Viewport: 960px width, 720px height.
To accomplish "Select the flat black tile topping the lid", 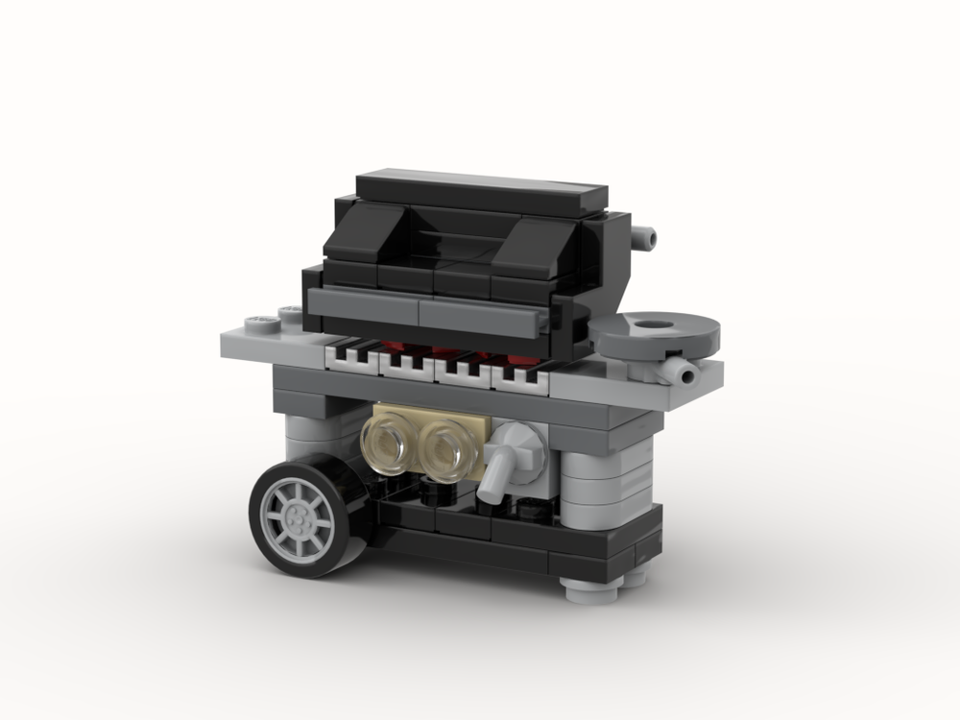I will click(483, 191).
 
